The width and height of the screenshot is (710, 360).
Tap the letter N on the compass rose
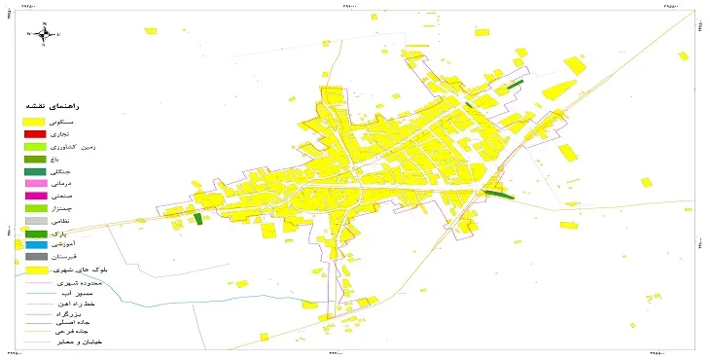tap(45, 22)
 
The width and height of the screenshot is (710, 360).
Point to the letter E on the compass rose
tap(58, 35)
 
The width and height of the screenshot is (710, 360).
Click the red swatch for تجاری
tap(36, 133)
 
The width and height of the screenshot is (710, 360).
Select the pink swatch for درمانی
tap(36, 184)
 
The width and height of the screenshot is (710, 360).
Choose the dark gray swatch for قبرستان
tap(36, 258)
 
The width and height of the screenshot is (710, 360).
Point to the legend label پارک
tap(83, 234)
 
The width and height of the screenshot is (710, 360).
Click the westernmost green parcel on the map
tap(198, 219)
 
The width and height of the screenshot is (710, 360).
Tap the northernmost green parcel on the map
tap(515, 84)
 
